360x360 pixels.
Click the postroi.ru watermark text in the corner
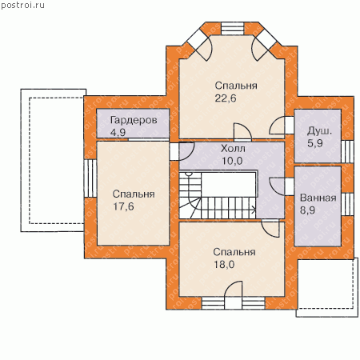click(x=22, y=5)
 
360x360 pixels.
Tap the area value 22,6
click(x=226, y=98)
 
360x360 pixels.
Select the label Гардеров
click(x=134, y=121)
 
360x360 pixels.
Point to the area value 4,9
click(x=118, y=132)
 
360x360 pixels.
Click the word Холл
click(x=233, y=149)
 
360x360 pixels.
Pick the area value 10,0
click(x=232, y=161)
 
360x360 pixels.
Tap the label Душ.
click(x=319, y=131)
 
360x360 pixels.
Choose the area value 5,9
click(x=315, y=143)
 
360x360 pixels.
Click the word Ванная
click(x=318, y=198)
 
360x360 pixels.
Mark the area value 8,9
click(x=307, y=210)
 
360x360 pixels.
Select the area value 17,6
click(x=123, y=206)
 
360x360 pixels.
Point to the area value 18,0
click(x=224, y=265)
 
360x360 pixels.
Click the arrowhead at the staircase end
click(x=254, y=210)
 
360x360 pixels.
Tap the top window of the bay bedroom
click(x=233, y=29)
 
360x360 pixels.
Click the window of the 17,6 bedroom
click(x=90, y=178)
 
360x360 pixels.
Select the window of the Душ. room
click(x=347, y=151)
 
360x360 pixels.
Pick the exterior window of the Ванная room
click(x=347, y=204)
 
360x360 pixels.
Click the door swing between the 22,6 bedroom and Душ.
click(x=276, y=126)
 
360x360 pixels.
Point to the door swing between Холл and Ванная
click(x=277, y=186)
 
